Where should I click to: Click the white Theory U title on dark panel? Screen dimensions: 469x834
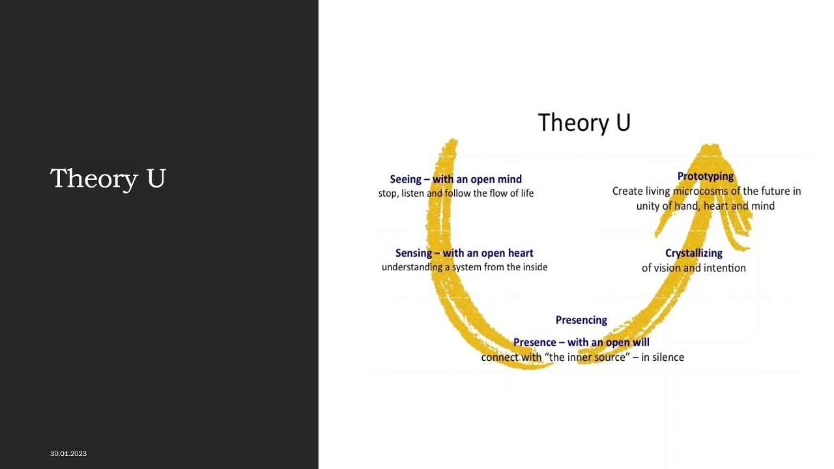pos(108,178)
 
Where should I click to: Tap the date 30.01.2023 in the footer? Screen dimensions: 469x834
pos(68,453)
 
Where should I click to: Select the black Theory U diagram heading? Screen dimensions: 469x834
pos(584,122)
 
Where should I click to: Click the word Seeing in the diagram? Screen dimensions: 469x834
pos(405,179)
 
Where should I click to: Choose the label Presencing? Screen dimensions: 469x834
pos(581,320)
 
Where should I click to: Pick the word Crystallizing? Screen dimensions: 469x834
pos(693,253)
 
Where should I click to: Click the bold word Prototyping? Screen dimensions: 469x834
pos(705,176)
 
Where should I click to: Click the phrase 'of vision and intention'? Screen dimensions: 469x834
pos(693,268)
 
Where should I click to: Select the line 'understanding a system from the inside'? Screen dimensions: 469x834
pos(464,267)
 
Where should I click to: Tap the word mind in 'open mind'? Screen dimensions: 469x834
pos(509,179)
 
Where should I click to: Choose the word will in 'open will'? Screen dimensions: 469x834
pos(641,342)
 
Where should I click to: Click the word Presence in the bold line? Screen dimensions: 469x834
pos(535,342)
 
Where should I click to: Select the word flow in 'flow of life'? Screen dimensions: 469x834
pos(500,193)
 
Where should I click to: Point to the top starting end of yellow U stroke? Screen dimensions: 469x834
pos(451,142)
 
